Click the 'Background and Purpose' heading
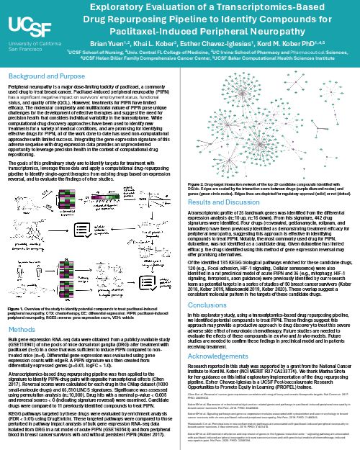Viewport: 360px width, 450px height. point(42,75)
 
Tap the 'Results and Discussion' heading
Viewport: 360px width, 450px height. point(215,184)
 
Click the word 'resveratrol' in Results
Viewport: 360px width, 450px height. point(260,208)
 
